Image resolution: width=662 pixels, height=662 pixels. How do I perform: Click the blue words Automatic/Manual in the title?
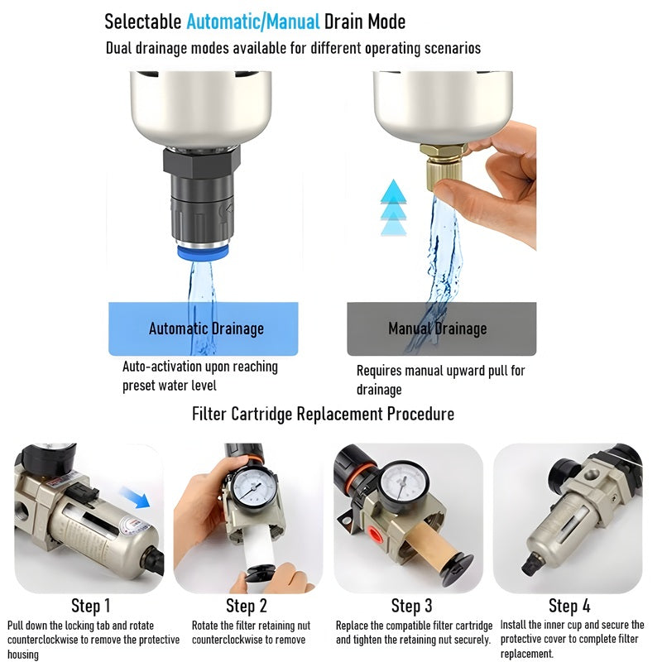[x=253, y=22]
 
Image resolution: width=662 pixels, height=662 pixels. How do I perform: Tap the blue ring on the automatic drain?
[x=203, y=252]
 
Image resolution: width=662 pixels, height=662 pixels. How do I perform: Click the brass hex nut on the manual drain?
[x=444, y=150]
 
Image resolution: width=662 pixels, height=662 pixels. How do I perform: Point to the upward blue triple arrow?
[x=394, y=208]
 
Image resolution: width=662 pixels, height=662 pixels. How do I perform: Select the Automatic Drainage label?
[x=206, y=329]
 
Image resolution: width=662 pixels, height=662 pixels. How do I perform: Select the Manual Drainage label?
[x=438, y=329]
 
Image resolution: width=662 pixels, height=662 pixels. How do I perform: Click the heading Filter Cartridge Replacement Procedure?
[x=323, y=414]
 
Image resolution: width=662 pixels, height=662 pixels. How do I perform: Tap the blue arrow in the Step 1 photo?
[x=135, y=496]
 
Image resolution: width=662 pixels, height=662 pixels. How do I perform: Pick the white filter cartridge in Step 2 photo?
[x=260, y=548]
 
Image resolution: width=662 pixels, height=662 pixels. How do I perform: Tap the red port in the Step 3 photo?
[x=375, y=534]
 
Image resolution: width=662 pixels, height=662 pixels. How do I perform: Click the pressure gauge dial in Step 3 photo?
[x=404, y=484]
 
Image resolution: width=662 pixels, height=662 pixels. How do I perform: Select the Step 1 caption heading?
[x=91, y=606]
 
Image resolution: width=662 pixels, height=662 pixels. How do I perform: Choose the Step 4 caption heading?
[x=569, y=606]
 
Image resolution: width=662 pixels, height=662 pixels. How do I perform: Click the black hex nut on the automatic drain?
[x=202, y=162]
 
